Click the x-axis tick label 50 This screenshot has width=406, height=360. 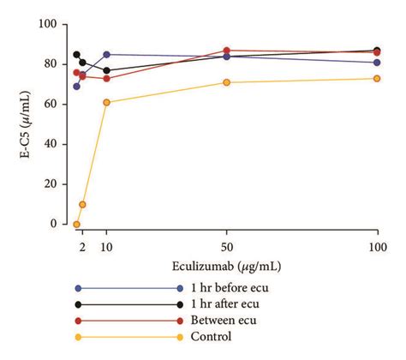(x=226, y=247)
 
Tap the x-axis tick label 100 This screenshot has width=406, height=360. (x=377, y=247)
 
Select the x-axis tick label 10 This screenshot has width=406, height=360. (x=106, y=247)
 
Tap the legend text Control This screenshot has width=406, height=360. (x=212, y=336)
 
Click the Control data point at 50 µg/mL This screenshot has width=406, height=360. (x=226, y=82)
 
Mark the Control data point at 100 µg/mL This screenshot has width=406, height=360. (x=377, y=78)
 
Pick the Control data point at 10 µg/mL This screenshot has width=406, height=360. (x=106, y=102)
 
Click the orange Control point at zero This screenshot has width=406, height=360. (x=76, y=225)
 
